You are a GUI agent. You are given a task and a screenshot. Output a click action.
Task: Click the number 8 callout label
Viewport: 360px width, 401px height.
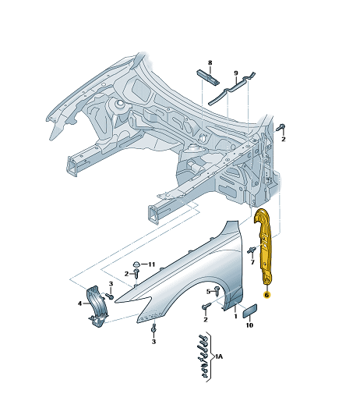point(210,62)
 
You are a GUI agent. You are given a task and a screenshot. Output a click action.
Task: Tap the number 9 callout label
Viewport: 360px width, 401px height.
point(236,73)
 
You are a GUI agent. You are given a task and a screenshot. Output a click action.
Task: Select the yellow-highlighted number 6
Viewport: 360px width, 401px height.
point(266,295)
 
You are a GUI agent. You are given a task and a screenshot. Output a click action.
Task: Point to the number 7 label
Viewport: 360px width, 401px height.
point(252,262)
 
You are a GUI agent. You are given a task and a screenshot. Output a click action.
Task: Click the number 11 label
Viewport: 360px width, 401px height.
point(151,264)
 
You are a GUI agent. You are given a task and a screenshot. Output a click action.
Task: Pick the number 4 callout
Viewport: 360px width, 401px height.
point(80,303)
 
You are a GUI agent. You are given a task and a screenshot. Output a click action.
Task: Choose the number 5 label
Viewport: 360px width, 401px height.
point(208,292)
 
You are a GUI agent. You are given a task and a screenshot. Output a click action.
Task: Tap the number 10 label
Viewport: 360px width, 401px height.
point(249,325)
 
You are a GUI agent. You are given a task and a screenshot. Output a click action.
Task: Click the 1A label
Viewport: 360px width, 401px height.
point(219,357)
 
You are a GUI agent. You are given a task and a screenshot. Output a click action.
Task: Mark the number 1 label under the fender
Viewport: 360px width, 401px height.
point(235,316)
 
